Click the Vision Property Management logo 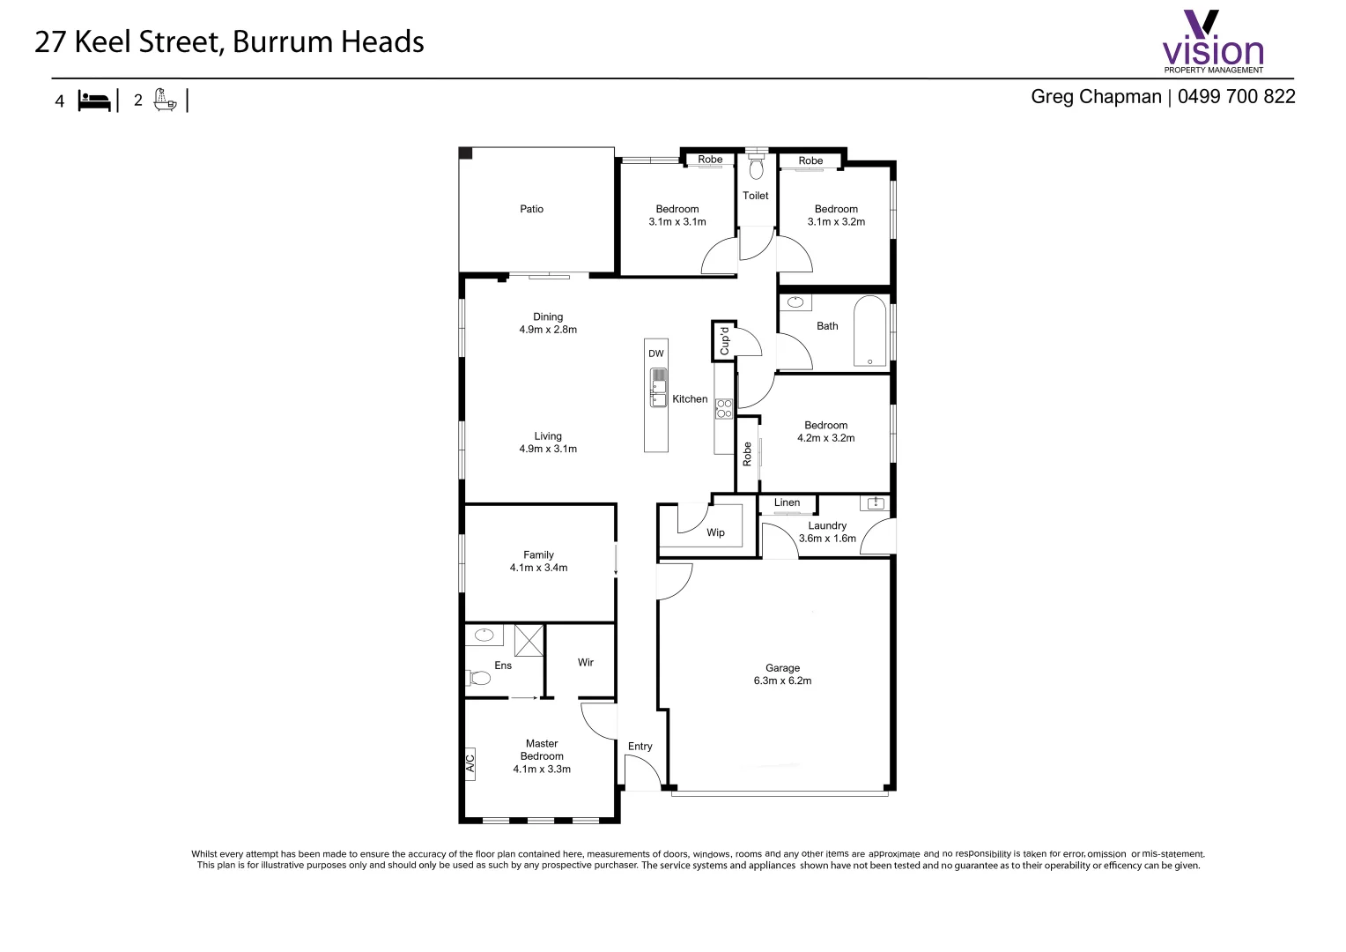click(x=1213, y=42)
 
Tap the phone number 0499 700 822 click(x=1236, y=97)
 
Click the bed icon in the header click(x=94, y=100)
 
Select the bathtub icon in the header click(x=165, y=100)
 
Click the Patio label click(x=531, y=209)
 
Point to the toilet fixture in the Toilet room click(x=756, y=167)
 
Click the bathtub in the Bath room click(x=869, y=331)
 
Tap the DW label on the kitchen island click(x=656, y=353)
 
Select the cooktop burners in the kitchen click(x=723, y=408)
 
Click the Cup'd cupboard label click(x=724, y=341)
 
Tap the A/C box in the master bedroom click(x=470, y=763)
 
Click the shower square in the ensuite click(x=529, y=639)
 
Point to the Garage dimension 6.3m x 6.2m click(x=782, y=681)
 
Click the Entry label click(x=640, y=747)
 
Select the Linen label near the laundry click(x=787, y=503)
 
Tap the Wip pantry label click(x=715, y=532)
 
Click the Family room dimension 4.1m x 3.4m click(x=538, y=568)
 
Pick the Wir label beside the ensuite click(x=586, y=662)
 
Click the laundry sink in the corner click(x=876, y=503)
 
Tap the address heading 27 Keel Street click(x=229, y=42)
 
